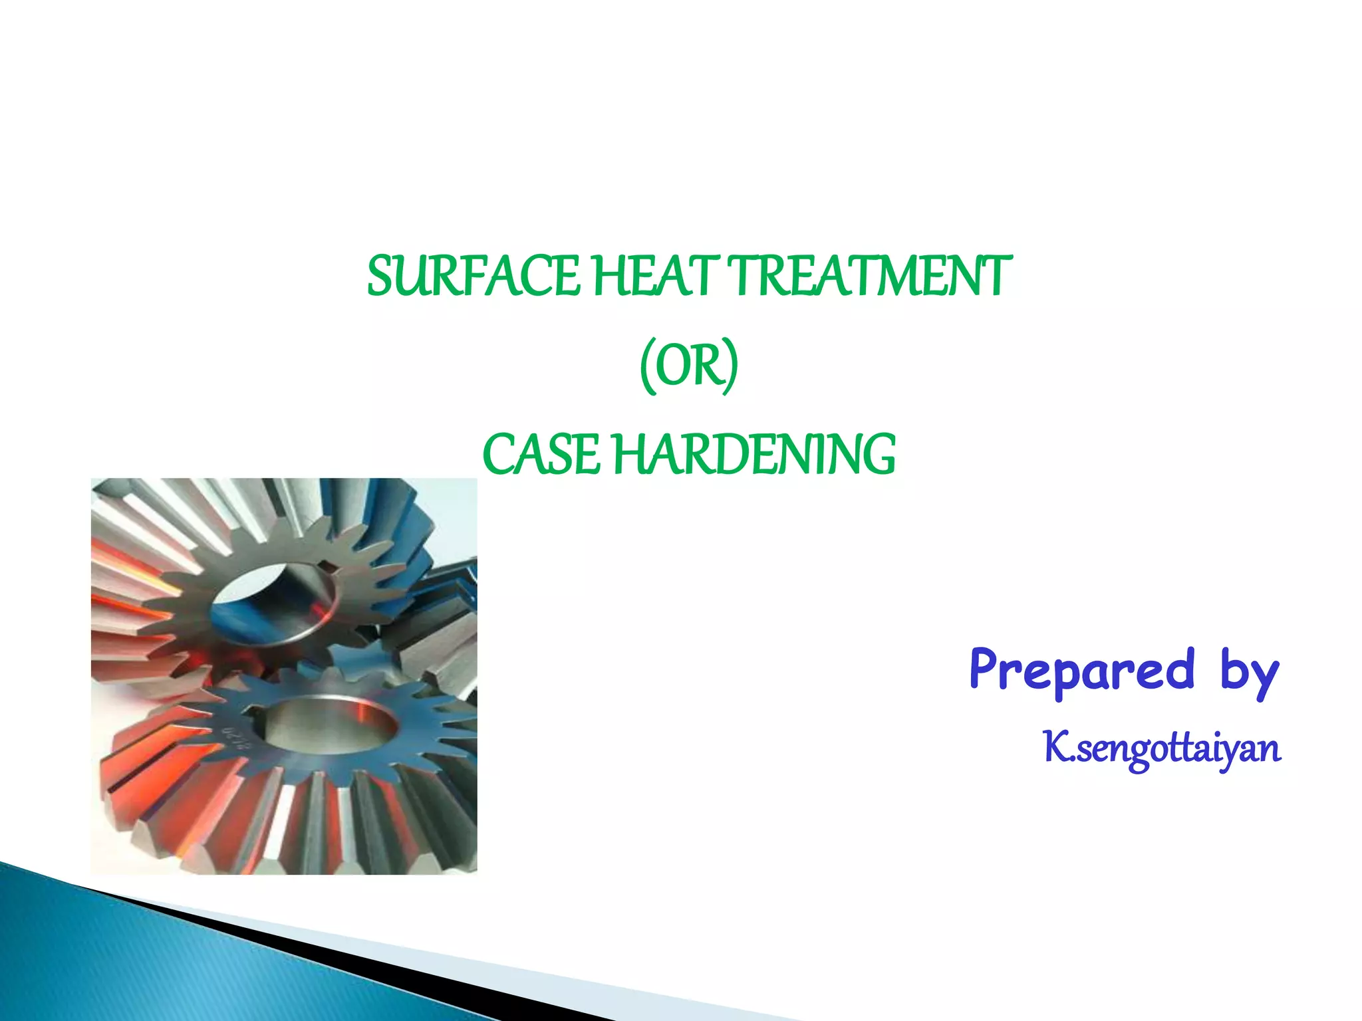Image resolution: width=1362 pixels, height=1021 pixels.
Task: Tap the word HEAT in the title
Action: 652,277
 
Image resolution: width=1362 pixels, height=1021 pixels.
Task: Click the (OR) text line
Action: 689,366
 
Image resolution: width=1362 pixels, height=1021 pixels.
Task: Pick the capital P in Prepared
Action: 985,668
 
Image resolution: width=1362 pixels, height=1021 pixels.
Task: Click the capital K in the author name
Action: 1057,747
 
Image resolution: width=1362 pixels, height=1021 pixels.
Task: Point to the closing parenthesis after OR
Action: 732,366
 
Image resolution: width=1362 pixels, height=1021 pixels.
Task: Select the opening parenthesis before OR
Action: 647,366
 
